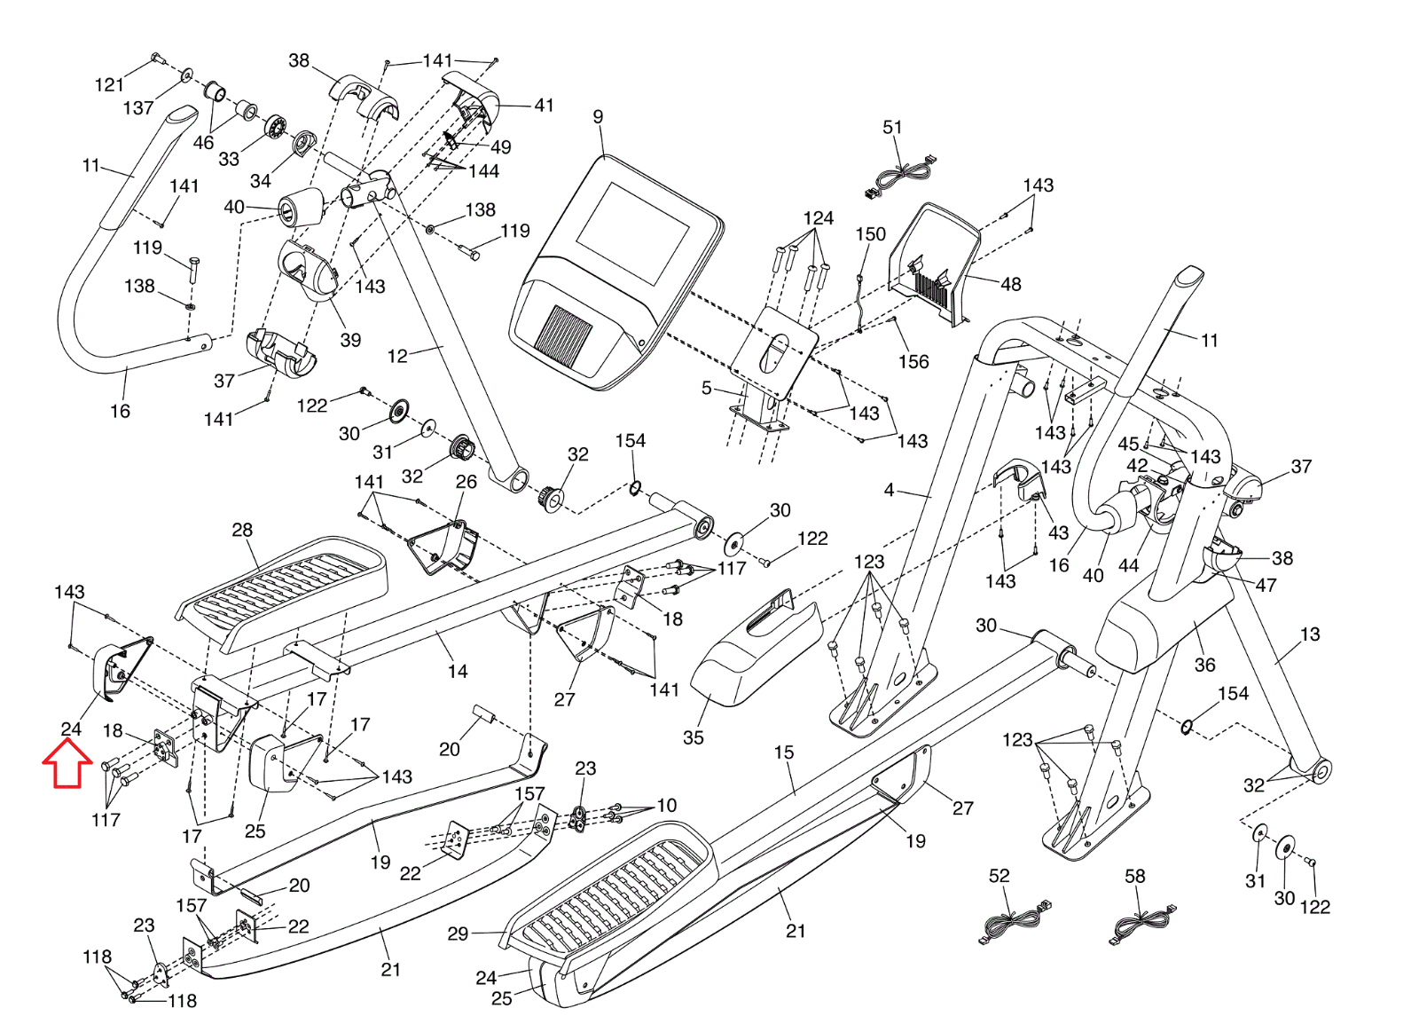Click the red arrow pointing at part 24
67,764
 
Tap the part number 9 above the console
598,117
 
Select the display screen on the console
632,221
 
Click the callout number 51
892,128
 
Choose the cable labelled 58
1144,923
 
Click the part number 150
870,234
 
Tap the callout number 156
913,362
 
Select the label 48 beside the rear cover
1011,285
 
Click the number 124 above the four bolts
818,218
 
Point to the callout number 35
694,737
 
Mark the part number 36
1204,665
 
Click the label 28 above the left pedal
242,531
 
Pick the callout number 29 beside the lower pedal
458,934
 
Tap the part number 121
109,85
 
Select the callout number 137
138,108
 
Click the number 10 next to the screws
667,806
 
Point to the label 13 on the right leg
1310,634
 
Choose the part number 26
466,482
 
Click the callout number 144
484,171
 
